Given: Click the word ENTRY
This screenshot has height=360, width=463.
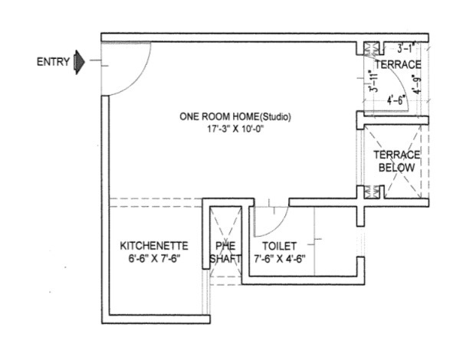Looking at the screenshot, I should pos(53,62).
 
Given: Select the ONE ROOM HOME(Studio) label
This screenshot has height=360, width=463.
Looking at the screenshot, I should pos(236,117).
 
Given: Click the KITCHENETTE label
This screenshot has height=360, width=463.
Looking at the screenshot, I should pos(154,246).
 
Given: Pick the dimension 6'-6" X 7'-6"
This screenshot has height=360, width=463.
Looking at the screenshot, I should pos(154,259).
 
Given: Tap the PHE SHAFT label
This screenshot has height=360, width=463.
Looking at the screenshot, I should pos(225,252).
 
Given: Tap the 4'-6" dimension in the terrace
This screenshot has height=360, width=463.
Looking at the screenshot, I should pos(397,99).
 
